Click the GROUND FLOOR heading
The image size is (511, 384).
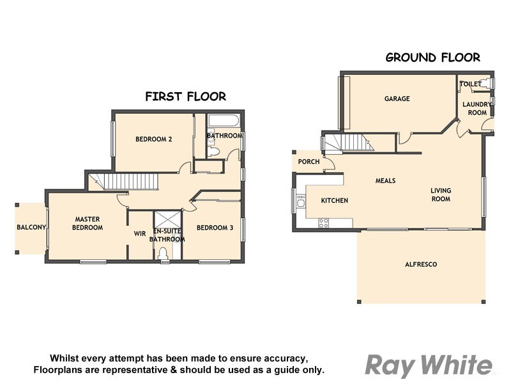click(x=432, y=58)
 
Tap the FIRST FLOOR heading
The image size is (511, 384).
click(x=185, y=97)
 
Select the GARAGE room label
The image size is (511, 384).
click(x=397, y=99)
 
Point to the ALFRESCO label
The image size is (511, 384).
click(x=421, y=264)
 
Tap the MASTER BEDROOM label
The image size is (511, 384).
click(x=88, y=223)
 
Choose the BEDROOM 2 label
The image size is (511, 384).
click(x=154, y=139)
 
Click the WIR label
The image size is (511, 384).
click(x=140, y=234)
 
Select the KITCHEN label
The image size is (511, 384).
click(x=334, y=200)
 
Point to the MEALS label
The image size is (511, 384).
click(x=385, y=180)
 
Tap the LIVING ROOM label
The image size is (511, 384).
click(x=441, y=195)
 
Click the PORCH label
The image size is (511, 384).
click(x=309, y=162)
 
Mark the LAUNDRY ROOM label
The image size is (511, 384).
click(x=477, y=108)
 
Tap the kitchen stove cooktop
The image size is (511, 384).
click(x=323, y=223)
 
